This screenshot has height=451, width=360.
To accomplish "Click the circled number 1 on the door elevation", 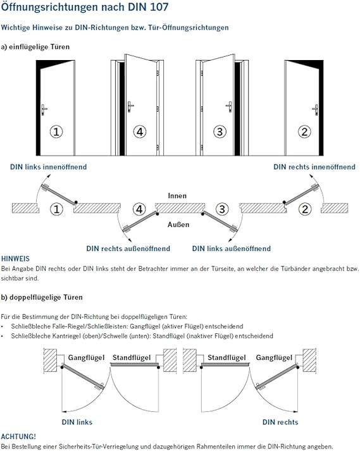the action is (56, 132).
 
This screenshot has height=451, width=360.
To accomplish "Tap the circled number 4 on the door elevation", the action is (140, 132).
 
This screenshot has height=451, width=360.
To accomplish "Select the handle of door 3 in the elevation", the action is (230, 106).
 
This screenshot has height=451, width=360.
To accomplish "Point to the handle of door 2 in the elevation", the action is (316, 109).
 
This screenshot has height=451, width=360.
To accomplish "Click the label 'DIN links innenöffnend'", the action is (48, 167).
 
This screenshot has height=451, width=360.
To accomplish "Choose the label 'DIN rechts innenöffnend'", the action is (314, 167).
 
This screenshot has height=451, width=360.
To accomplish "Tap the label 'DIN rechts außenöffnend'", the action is (128, 249).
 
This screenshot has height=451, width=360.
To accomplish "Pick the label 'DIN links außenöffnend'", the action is (232, 249).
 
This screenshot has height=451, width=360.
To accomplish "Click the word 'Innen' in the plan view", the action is (177, 195).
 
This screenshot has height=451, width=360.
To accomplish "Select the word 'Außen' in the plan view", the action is (178, 225).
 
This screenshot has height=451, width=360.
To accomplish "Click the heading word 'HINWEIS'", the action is (15, 259).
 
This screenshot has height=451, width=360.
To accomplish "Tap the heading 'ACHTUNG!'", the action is (18, 436).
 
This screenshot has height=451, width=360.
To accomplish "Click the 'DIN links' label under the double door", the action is (77, 422).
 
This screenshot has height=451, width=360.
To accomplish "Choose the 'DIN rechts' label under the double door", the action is (280, 422).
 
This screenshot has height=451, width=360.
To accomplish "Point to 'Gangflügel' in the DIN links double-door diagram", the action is (86, 357).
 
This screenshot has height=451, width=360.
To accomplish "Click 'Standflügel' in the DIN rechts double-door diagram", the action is (227, 357).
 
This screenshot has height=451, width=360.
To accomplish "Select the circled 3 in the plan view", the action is (222, 209).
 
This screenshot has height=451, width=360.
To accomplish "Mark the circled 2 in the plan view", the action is (305, 209).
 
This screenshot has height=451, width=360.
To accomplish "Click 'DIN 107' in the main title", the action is (151, 7).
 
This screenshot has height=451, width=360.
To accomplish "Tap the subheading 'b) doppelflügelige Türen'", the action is (42, 297).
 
